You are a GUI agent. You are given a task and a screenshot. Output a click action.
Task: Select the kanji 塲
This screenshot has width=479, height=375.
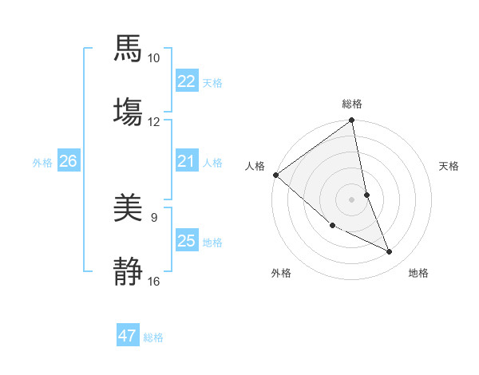click(129, 111)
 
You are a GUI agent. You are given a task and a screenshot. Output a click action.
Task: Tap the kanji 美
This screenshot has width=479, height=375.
click(129, 209)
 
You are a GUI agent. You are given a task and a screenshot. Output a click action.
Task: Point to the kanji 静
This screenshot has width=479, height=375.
click(129, 270)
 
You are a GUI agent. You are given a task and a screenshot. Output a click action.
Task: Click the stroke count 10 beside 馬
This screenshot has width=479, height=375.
click(154, 58)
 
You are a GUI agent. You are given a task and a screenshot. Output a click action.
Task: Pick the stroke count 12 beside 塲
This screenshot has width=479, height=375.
click(154, 121)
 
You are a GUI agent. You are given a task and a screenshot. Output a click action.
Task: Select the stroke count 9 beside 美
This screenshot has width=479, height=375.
click(154, 216)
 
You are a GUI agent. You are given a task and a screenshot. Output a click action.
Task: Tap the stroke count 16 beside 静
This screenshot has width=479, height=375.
click(154, 281)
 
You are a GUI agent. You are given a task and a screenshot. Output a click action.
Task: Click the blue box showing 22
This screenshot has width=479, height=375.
click(187, 81)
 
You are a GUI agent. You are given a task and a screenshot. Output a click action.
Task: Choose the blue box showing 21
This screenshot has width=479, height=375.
click(187, 161)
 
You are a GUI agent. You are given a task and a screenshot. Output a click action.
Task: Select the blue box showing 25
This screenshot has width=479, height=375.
click(187, 241)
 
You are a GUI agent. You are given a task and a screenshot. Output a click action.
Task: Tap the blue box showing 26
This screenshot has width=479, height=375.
click(68, 161)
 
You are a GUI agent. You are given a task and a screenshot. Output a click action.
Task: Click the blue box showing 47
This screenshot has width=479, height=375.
click(128, 336)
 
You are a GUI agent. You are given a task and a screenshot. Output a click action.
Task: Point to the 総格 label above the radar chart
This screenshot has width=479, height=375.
click(352, 104)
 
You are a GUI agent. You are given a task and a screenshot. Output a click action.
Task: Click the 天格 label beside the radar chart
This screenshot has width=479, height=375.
click(449, 166)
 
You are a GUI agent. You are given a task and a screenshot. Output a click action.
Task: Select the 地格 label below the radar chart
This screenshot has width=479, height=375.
click(418, 273)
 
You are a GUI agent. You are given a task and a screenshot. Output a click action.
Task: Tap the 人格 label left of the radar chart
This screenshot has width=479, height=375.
click(255, 166)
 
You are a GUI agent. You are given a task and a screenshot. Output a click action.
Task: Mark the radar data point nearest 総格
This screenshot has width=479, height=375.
click(352, 121)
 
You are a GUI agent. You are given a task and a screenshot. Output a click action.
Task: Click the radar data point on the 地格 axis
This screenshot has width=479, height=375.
click(390, 252)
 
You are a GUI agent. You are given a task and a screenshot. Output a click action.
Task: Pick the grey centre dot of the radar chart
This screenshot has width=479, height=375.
click(352, 199)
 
